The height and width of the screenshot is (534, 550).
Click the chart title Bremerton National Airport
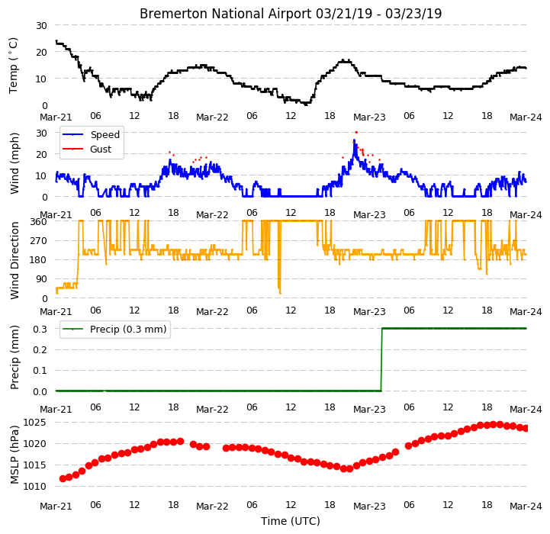[225, 14]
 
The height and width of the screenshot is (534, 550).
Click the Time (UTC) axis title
[291, 521]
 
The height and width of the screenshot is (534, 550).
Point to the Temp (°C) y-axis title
[13, 66]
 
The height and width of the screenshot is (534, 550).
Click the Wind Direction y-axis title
[14, 260]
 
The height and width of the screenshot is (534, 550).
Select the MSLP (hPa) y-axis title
[14, 455]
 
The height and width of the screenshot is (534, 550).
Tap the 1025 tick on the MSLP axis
[34, 422]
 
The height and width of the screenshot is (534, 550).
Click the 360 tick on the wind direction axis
[39, 222]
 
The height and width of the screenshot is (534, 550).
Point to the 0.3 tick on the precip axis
[40, 329]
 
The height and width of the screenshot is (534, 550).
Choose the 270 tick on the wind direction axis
[39, 241]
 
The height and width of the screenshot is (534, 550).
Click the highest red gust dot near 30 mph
[356, 132]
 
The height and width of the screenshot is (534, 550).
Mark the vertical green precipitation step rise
[381, 359]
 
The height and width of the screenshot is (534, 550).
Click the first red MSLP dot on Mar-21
[63, 478]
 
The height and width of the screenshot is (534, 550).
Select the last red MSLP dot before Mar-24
[526, 429]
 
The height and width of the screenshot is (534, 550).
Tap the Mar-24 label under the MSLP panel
[526, 507]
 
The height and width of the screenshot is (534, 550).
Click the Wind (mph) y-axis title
[14, 163]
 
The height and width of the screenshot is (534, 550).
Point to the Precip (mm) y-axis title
[14, 358]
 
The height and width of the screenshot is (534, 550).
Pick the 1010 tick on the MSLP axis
[34, 487]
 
